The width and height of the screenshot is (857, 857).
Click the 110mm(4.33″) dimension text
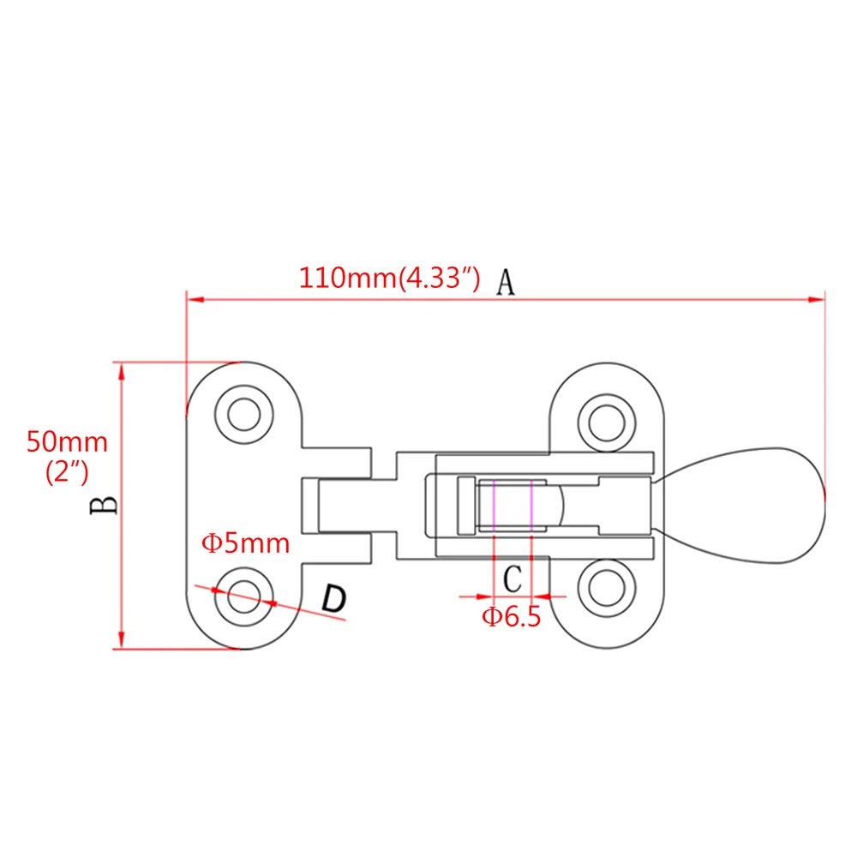coord(389,279)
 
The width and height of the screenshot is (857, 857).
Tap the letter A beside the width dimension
coord(506,283)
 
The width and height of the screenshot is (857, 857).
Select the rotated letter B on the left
coord(104,505)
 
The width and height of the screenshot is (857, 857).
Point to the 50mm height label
coord(67,441)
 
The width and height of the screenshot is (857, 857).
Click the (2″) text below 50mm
coord(67,472)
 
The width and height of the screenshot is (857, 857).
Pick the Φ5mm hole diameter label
coord(245,543)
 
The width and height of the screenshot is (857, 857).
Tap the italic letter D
coord(334,598)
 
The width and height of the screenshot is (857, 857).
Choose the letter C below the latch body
coord(512,578)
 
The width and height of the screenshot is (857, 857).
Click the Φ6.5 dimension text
coord(511,616)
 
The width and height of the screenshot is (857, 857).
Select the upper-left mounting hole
coord(243,415)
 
